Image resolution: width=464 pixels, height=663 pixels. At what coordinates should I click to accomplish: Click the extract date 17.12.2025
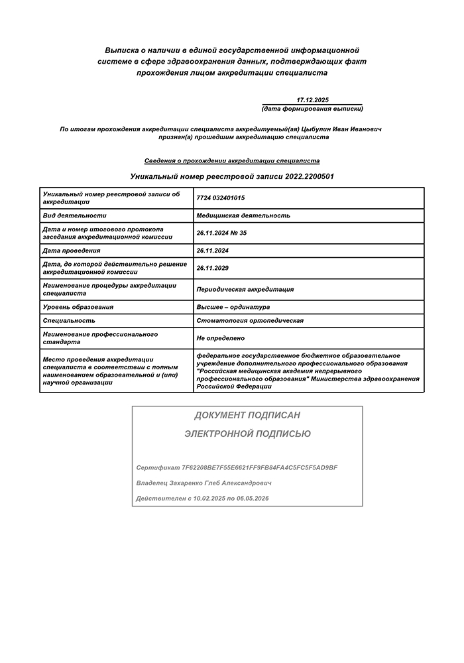[x=313, y=99]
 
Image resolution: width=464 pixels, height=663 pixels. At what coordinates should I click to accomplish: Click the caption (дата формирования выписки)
[x=313, y=108]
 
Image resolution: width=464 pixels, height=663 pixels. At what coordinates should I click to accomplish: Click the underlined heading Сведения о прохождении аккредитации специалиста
[x=232, y=160]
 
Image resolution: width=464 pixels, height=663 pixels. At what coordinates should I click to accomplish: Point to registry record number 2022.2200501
[x=310, y=177]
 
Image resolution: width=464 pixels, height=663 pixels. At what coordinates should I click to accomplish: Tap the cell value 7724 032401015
[x=221, y=198]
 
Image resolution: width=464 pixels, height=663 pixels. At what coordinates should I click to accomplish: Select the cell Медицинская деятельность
[x=243, y=215]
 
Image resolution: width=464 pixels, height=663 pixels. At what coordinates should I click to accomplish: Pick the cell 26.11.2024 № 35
[x=221, y=233]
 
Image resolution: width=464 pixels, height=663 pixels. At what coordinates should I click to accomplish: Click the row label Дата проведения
[x=72, y=251]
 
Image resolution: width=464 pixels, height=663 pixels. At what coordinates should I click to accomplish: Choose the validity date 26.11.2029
[x=212, y=269]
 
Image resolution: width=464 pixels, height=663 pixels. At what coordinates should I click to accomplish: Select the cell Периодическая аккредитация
[x=245, y=289]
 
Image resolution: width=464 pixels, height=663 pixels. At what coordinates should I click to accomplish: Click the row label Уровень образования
[x=78, y=307]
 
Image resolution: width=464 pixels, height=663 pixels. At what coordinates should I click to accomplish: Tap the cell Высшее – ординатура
[x=233, y=307]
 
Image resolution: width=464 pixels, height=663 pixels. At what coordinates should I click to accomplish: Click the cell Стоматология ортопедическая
[x=250, y=320]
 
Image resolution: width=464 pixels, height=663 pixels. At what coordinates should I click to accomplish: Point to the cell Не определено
[x=221, y=338]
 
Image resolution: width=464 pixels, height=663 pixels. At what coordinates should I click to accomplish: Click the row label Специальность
[x=68, y=320]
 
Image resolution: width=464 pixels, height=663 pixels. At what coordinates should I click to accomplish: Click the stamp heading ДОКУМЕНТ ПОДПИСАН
[x=247, y=416]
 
